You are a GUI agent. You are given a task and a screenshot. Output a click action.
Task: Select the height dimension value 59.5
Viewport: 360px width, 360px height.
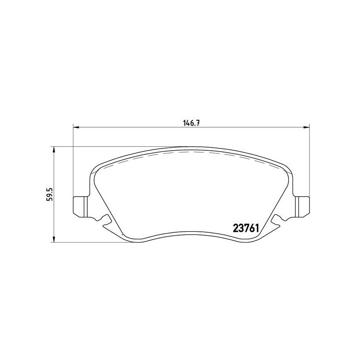point(50,194)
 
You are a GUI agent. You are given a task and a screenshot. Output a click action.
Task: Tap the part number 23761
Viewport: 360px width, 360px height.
point(244,228)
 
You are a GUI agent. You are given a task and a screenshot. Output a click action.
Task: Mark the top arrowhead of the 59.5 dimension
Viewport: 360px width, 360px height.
point(54,149)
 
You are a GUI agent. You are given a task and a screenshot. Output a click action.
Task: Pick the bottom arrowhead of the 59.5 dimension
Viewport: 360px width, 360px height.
point(54,240)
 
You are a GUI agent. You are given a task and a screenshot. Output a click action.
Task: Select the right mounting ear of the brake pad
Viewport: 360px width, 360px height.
point(301,205)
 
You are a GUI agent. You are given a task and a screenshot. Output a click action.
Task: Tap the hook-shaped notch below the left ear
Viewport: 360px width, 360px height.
point(107,219)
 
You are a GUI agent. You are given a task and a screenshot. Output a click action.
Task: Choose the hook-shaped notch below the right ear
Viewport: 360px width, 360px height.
point(275,219)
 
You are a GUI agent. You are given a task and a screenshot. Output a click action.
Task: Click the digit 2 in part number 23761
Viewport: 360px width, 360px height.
point(234,228)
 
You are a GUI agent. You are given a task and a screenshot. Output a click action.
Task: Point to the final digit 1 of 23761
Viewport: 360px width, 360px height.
point(255,228)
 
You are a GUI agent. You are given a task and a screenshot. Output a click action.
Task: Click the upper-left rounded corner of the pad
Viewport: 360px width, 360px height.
point(95,170)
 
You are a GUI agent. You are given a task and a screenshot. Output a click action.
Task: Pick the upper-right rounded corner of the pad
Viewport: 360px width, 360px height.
point(287,170)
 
